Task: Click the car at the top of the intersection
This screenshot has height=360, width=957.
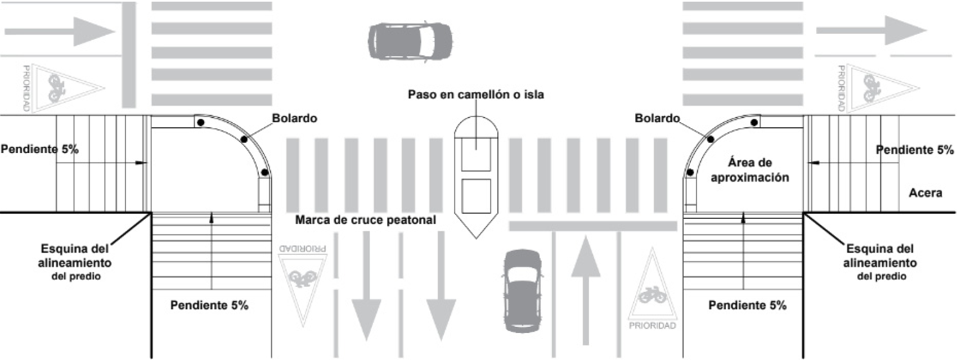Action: pos(410,42)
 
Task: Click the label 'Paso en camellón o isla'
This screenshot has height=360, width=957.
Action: pos(476,94)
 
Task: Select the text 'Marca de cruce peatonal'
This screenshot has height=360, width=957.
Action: pos(366,220)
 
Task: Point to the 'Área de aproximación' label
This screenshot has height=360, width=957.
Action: pos(750,170)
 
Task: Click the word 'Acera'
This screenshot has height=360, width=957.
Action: pos(925,193)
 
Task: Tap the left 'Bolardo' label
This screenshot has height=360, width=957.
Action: pos(295,118)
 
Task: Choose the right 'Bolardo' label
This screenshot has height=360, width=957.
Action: pos(657,118)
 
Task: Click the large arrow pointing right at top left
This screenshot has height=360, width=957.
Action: pos(60,31)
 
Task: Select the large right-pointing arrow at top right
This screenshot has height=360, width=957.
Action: pos(871,30)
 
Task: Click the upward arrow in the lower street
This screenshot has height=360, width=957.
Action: pos(586,290)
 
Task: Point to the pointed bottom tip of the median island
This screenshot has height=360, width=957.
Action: pos(476,238)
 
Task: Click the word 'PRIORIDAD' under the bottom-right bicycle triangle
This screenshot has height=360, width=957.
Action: pos(653,326)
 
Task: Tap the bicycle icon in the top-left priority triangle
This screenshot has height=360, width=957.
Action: pos(56,88)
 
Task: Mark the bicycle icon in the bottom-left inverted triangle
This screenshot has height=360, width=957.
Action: pos(303,277)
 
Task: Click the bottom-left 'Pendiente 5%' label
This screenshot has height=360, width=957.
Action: pos(209,305)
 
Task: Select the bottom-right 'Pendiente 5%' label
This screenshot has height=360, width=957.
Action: pos(747,305)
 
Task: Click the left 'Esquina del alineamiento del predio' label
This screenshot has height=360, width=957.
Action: pos(75,262)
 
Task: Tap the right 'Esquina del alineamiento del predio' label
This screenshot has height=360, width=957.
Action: pos(880,262)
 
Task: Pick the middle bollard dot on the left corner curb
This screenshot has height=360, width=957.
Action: pos(244,139)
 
